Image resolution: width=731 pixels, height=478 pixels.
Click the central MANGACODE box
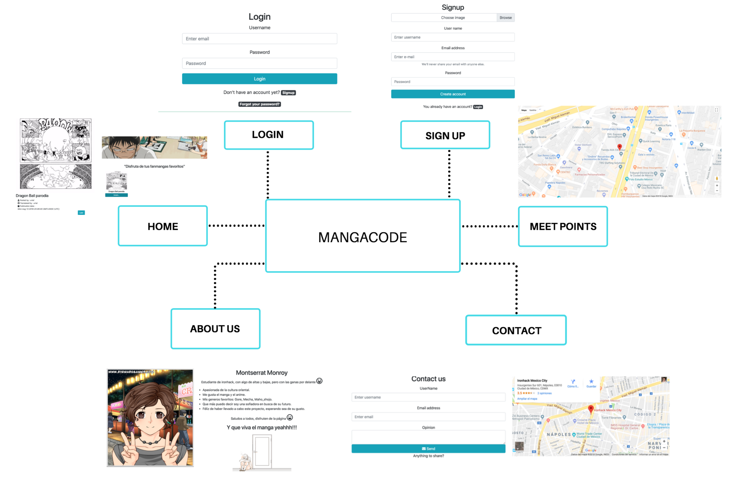pos(363,236)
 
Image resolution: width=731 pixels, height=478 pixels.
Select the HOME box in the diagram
pos(163,226)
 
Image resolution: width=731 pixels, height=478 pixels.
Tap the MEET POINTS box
pos(563,227)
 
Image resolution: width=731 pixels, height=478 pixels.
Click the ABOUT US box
pos(215,329)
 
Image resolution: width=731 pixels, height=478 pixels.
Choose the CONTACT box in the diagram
pos(516,330)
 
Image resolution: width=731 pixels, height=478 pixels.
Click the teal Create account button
pos(453,94)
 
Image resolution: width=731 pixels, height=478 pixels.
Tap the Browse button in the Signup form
pos(505,18)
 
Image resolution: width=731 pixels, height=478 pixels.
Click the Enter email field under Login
pos(259,39)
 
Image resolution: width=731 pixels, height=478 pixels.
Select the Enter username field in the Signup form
pos(453,37)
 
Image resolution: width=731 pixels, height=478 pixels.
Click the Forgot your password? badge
pos(260,104)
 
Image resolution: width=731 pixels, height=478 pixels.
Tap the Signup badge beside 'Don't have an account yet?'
pos(288,93)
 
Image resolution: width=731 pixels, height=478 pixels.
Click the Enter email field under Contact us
pos(428,417)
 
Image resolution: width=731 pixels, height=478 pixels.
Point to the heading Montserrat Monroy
pos(262,372)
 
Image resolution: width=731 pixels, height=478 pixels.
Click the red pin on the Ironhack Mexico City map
pos(590,409)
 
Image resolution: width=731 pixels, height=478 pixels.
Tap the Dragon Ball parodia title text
pos(32,195)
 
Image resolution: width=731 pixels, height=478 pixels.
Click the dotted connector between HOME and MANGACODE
pos(237,226)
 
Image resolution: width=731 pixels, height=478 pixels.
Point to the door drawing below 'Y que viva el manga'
pos(262,451)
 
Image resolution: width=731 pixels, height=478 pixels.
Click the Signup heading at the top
pos(453,7)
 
